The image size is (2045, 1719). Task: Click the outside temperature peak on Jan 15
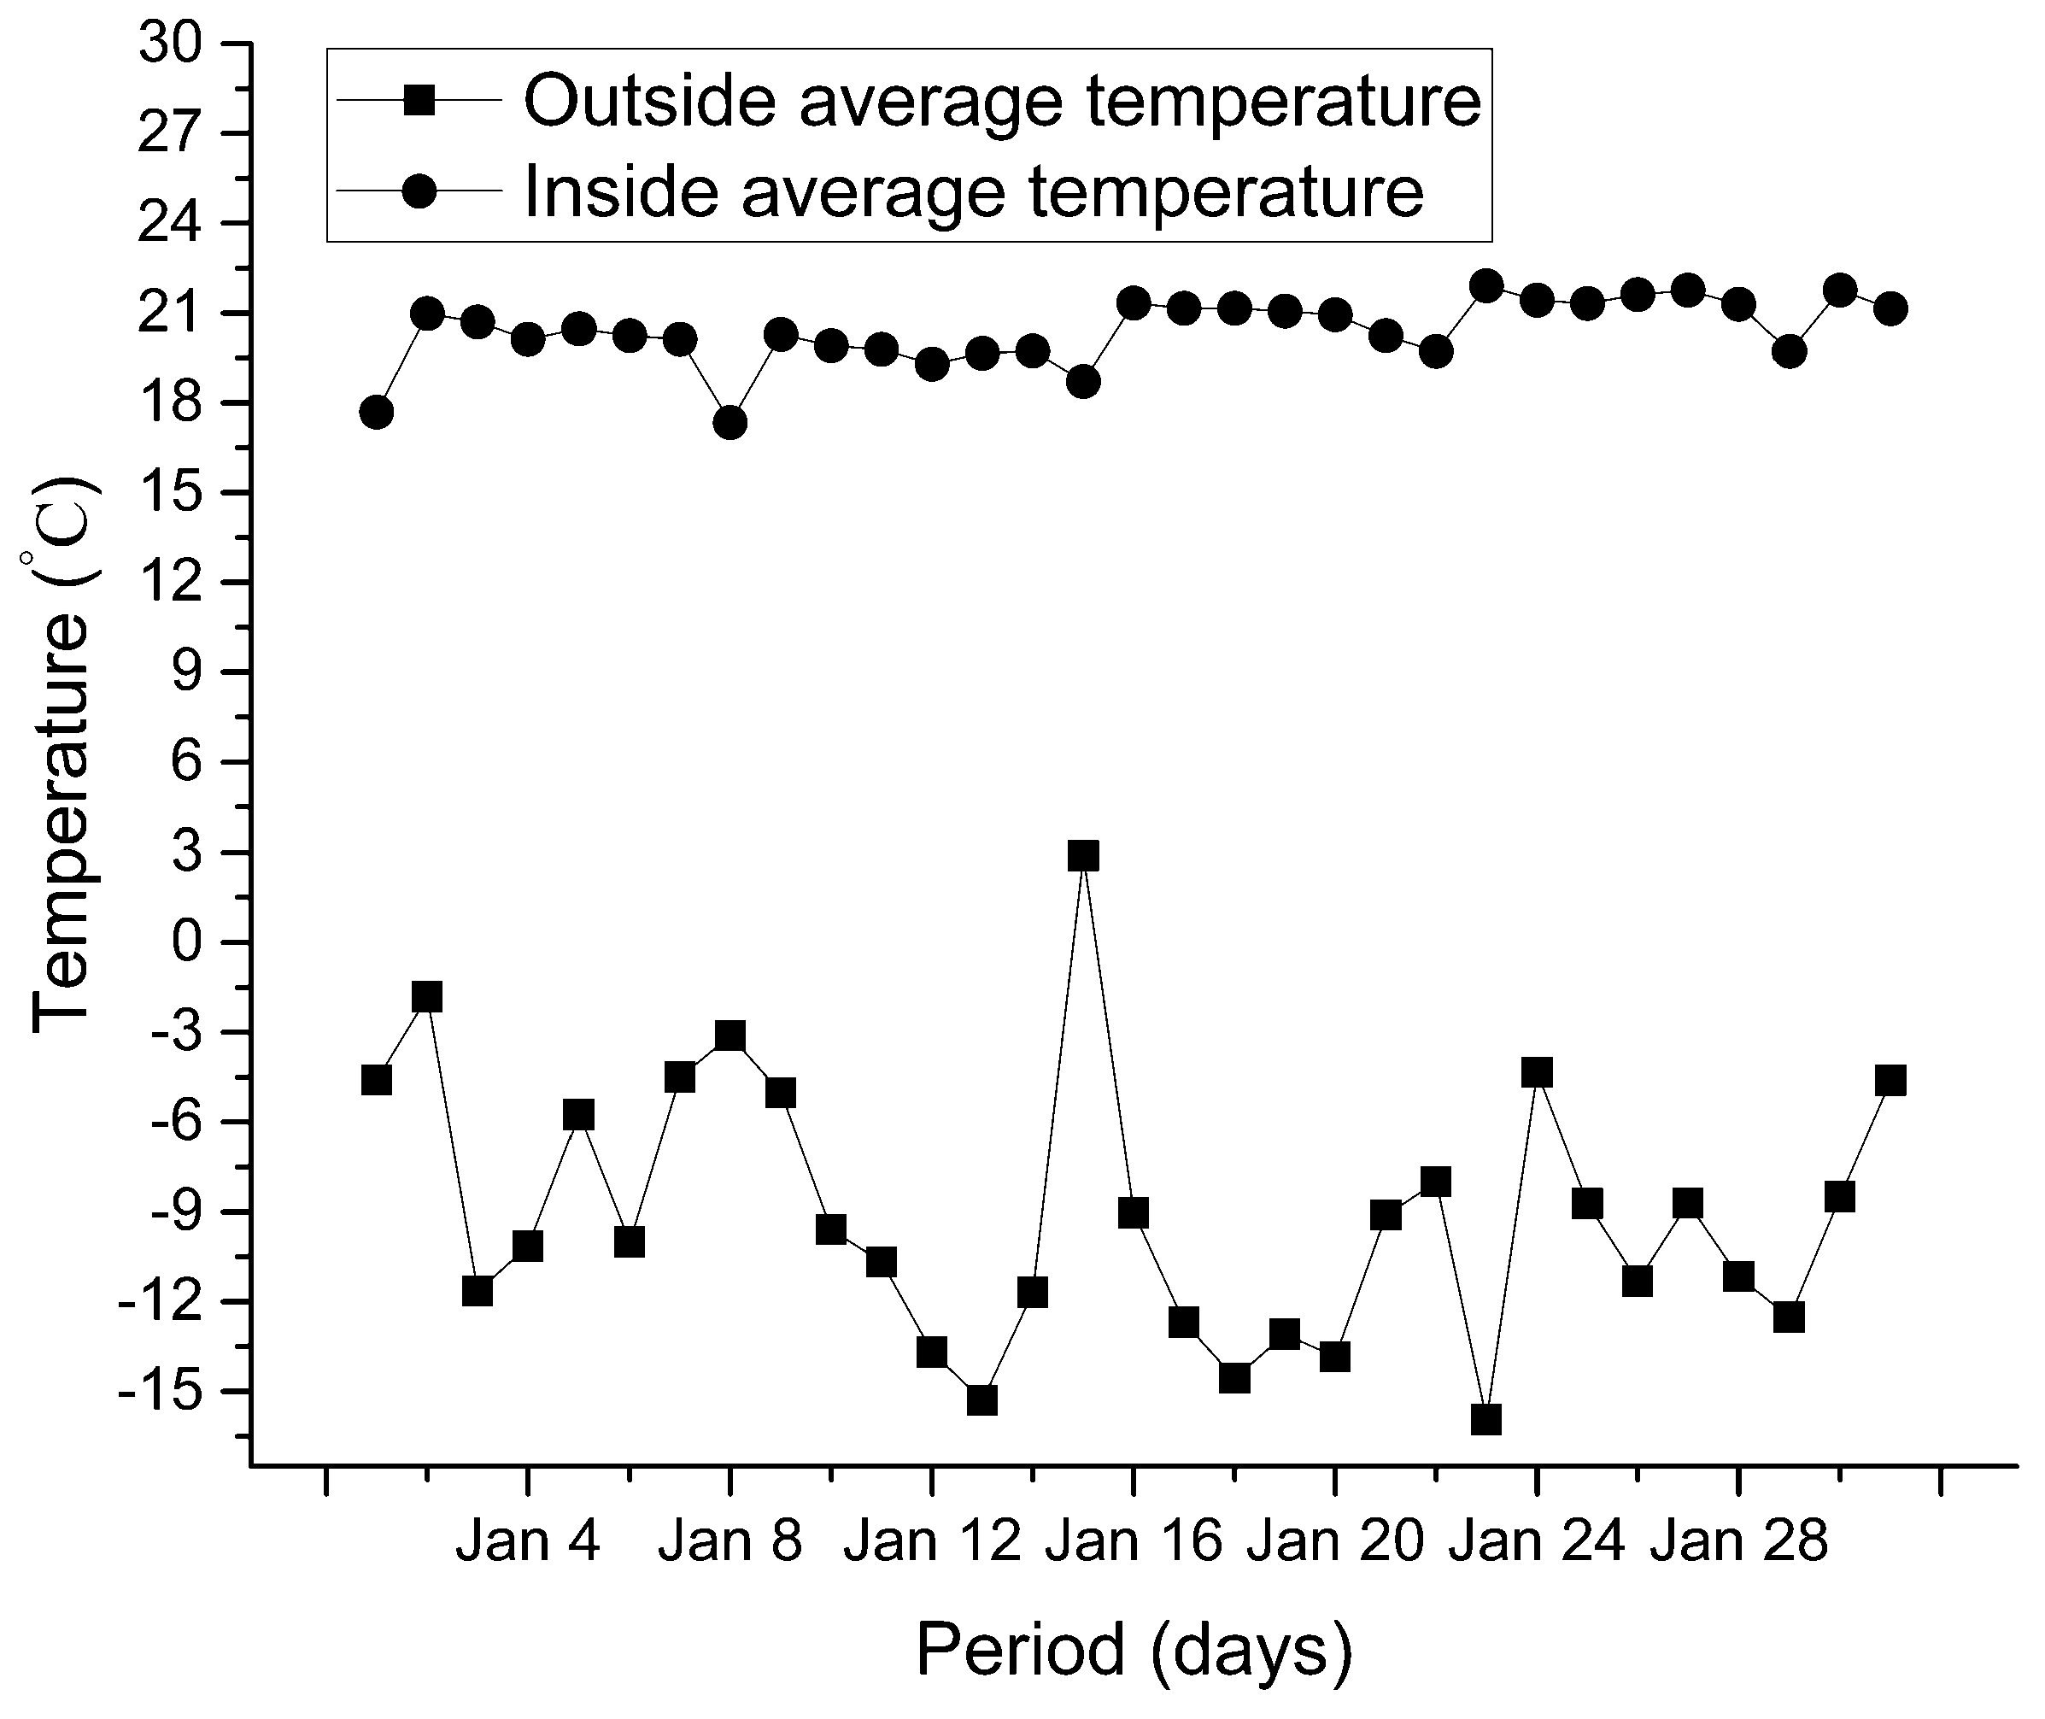[1082, 855]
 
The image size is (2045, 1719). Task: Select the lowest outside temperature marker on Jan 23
[1485, 1420]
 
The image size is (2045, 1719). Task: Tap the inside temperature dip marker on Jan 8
[730, 423]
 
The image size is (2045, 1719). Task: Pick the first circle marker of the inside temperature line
[376, 412]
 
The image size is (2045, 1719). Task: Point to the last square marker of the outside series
[1890, 1080]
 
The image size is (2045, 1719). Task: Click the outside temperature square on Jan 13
[982, 1400]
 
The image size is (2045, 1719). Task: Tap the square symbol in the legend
[419, 99]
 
